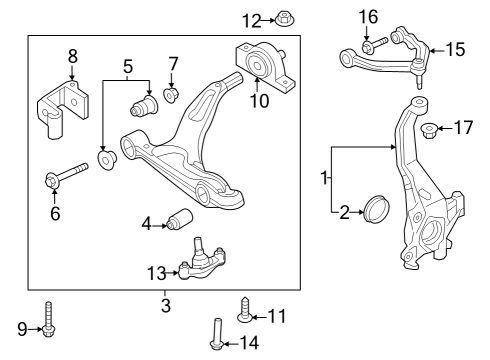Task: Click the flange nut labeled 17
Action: click(432, 129)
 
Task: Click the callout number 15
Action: click(455, 47)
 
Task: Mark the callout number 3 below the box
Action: click(165, 304)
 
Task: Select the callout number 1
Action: click(324, 178)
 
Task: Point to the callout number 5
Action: click(127, 67)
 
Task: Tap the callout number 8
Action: click(72, 56)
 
